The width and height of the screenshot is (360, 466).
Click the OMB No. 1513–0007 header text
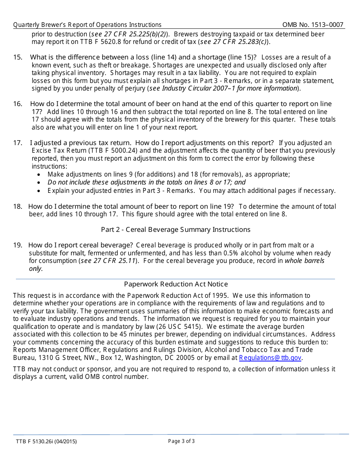[x=313, y=25]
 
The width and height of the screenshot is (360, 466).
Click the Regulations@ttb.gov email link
[x=270, y=358]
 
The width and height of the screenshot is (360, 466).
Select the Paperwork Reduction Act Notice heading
[x=176, y=284]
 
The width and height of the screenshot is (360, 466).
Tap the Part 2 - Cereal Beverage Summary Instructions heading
[x=175, y=230]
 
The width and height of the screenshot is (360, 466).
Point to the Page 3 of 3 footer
[x=182, y=441]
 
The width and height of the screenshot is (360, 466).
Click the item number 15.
[x=17, y=57]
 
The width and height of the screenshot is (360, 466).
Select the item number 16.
[x=17, y=104]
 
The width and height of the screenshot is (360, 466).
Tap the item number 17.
[x=17, y=143]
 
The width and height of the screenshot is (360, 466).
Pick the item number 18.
[x=17, y=206]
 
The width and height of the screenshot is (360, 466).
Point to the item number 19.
[x=17, y=245]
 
